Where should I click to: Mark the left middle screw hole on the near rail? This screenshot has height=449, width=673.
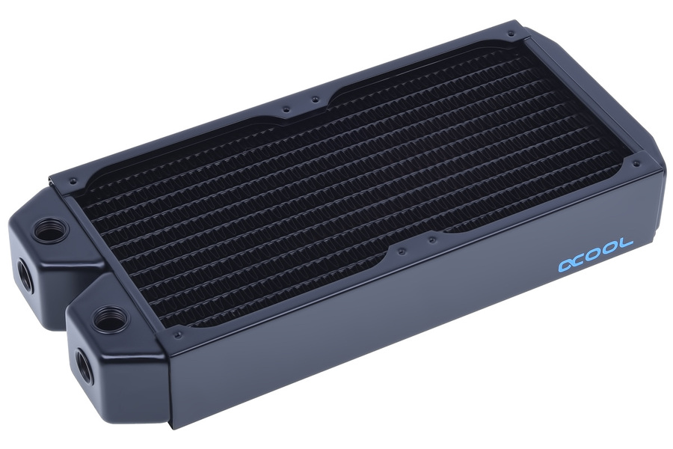pos(402,248)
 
